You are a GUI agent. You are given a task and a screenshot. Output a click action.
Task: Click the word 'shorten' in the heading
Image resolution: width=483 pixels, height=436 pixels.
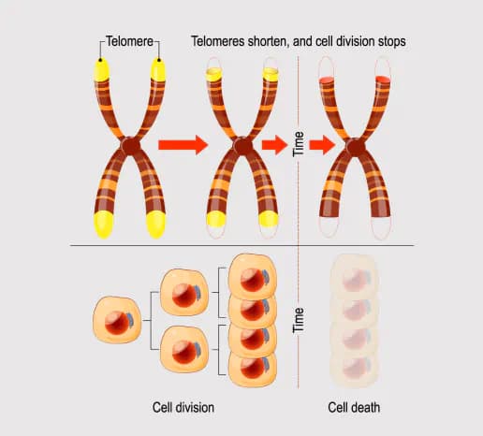[276, 42]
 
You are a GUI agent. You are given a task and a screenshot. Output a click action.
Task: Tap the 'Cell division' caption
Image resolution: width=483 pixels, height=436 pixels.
[183, 408]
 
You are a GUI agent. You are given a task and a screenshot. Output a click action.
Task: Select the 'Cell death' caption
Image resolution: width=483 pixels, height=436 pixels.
[354, 408]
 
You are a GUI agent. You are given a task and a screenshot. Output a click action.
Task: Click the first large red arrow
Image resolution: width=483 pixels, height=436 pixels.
[183, 145]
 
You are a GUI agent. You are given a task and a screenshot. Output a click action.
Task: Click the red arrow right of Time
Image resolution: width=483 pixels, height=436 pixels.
[322, 145]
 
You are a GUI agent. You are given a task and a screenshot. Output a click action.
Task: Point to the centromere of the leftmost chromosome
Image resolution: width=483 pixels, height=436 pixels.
[130, 147]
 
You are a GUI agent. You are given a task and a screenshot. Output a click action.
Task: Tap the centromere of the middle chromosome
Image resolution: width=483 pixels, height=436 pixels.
[242, 147]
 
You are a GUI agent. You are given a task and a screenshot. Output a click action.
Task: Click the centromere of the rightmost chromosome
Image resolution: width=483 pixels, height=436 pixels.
[356, 147]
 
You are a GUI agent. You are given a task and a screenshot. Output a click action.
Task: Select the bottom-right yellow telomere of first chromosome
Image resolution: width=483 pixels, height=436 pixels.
[156, 223]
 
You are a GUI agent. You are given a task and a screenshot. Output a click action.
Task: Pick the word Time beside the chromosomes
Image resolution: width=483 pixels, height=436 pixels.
[300, 146]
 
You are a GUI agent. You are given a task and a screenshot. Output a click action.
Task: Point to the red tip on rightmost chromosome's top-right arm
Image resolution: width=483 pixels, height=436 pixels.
[382, 82]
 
